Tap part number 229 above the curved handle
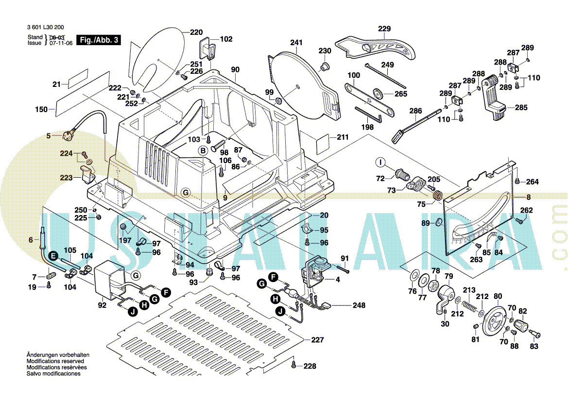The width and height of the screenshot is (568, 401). pyautogui.click(x=384, y=29)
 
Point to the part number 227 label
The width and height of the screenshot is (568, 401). pyautogui.click(x=317, y=340)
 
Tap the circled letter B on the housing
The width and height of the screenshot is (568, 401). pyautogui.click(x=203, y=150)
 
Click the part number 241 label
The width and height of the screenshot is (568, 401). pyautogui.click(x=296, y=43)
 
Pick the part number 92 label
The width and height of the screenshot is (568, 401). pyautogui.click(x=102, y=305)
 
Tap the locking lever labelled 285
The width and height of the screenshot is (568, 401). pyautogui.click(x=494, y=100)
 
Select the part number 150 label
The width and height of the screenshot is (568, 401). pyautogui.click(x=41, y=109)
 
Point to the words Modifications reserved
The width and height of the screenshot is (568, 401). pyautogui.click(x=55, y=361)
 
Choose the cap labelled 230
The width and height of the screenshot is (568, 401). pyautogui.click(x=324, y=66)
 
